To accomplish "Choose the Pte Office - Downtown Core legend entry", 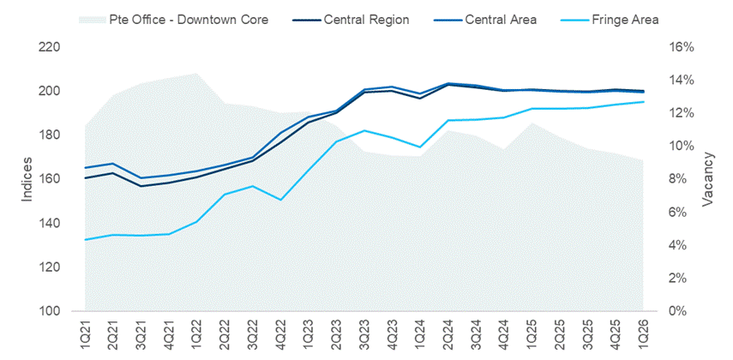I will (x=185, y=18).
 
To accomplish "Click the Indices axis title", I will (x=27, y=179).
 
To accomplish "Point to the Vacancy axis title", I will (x=708, y=179).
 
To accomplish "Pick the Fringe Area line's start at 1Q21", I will (x=86, y=239).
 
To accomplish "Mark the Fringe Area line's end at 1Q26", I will (x=642, y=102).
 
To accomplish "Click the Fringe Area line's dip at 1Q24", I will (x=419, y=147).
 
